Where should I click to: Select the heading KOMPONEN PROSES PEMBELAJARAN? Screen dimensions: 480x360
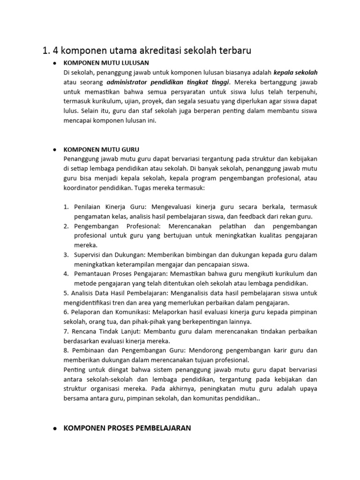tap(127, 428)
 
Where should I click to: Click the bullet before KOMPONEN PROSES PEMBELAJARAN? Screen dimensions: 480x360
tap(55, 428)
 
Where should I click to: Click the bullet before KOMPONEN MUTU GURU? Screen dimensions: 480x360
tap(55, 150)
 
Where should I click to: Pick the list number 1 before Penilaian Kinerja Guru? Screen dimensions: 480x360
tap(66, 207)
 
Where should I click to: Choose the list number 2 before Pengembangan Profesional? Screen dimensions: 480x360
tap(66, 226)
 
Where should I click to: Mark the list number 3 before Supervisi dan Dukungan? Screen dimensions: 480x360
tap(66, 255)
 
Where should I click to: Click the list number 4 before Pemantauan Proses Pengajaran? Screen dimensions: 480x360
tap(66, 274)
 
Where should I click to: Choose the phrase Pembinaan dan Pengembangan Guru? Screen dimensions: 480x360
tap(115, 351)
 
